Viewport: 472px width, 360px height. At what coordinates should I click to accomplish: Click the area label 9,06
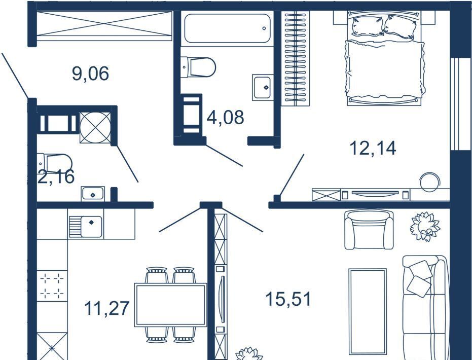[90, 74]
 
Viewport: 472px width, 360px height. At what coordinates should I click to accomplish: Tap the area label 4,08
[226, 117]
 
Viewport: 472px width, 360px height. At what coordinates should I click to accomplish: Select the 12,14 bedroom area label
[373, 148]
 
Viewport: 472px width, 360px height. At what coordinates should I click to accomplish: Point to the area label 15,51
[288, 299]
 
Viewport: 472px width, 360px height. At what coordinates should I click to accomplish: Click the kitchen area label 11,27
[107, 308]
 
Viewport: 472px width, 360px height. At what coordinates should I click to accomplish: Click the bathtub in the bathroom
[227, 28]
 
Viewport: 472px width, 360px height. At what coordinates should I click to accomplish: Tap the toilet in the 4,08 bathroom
[199, 67]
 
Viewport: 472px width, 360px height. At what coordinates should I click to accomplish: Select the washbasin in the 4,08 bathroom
[262, 87]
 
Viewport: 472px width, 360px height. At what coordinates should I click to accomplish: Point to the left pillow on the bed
[368, 26]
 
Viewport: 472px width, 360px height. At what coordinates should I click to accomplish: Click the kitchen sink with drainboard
[86, 224]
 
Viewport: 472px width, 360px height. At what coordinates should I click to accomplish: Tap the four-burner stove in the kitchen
[52, 284]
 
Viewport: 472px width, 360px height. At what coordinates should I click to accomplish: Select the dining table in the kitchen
[171, 305]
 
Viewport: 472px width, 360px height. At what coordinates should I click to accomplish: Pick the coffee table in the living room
[368, 312]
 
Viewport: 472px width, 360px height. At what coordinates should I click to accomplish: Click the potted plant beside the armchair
[425, 226]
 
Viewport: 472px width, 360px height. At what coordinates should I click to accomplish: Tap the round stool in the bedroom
[430, 182]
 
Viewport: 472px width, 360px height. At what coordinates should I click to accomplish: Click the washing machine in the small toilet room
[95, 128]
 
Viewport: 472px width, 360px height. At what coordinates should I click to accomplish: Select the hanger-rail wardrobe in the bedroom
[295, 58]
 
